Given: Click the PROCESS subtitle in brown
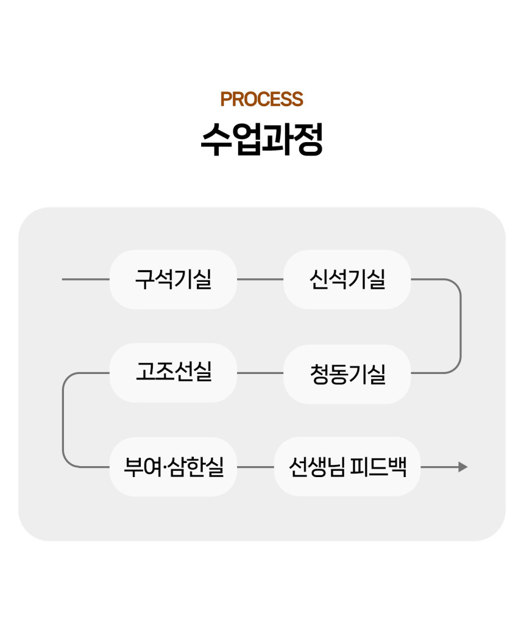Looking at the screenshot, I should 261,99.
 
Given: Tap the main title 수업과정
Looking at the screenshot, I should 261,140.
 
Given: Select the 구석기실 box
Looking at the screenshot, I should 173,279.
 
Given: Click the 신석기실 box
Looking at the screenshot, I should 347,279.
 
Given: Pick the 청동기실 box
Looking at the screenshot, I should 347,373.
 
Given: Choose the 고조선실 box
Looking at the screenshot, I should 173,372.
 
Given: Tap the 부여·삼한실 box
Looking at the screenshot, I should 173,467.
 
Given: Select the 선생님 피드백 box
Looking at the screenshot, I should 347,467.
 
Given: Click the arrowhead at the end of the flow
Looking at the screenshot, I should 463,467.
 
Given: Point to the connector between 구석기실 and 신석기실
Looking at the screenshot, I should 260,279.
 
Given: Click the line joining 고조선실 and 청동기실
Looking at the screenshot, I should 260,372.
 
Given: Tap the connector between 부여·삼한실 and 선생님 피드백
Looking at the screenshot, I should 256,467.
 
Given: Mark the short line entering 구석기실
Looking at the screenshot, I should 85,279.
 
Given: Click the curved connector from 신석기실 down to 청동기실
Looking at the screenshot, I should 460,326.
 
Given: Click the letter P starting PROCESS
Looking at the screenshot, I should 226,99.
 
